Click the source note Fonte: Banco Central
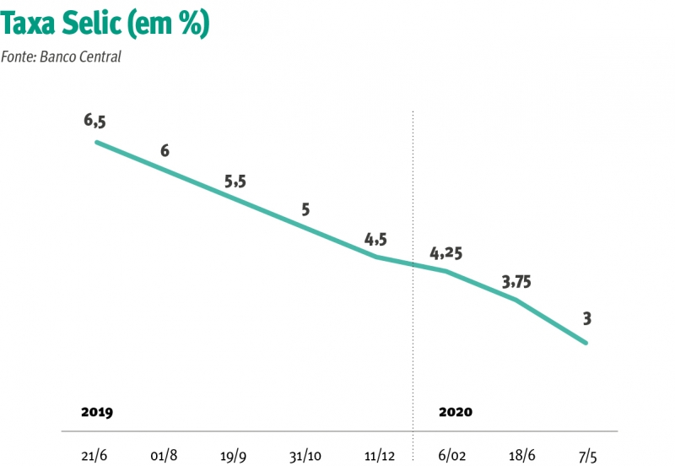62,57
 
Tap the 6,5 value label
94,121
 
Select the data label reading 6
165,151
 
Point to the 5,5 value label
235,182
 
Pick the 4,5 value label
375,240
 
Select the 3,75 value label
517,282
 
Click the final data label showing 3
586,318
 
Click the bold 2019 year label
97,413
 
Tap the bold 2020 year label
456,413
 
